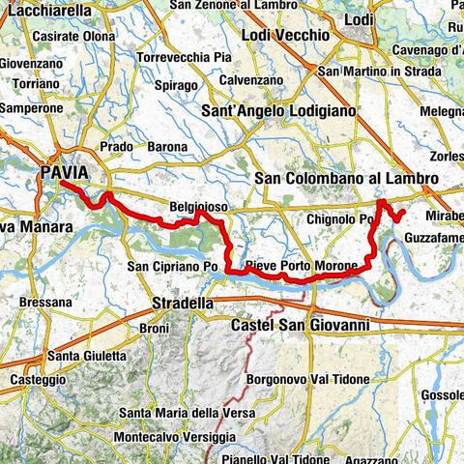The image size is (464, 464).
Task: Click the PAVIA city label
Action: pyautogui.click(x=65, y=173)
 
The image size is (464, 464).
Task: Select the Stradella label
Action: pyautogui.click(x=183, y=304)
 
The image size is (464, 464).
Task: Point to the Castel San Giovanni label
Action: pyautogui.click(x=300, y=327)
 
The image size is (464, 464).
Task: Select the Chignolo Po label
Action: pyautogui.click(x=339, y=219)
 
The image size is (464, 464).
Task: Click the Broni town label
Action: pyautogui.click(x=155, y=328)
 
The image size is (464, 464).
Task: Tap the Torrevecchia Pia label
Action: pyautogui.click(x=184, y=57)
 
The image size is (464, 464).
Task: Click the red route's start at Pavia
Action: pyautogui.click(x=61, y=182)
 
